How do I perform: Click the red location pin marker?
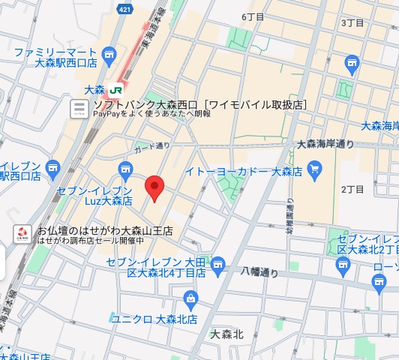click(154, 188)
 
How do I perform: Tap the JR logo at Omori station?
click(115, 88)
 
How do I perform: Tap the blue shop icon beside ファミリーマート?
click(109, 54)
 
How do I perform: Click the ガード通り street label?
click(152, 145)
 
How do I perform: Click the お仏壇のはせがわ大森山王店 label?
click(105, 232)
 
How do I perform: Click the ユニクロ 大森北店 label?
click(154, 319)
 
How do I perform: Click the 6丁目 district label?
click(253, 16)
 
